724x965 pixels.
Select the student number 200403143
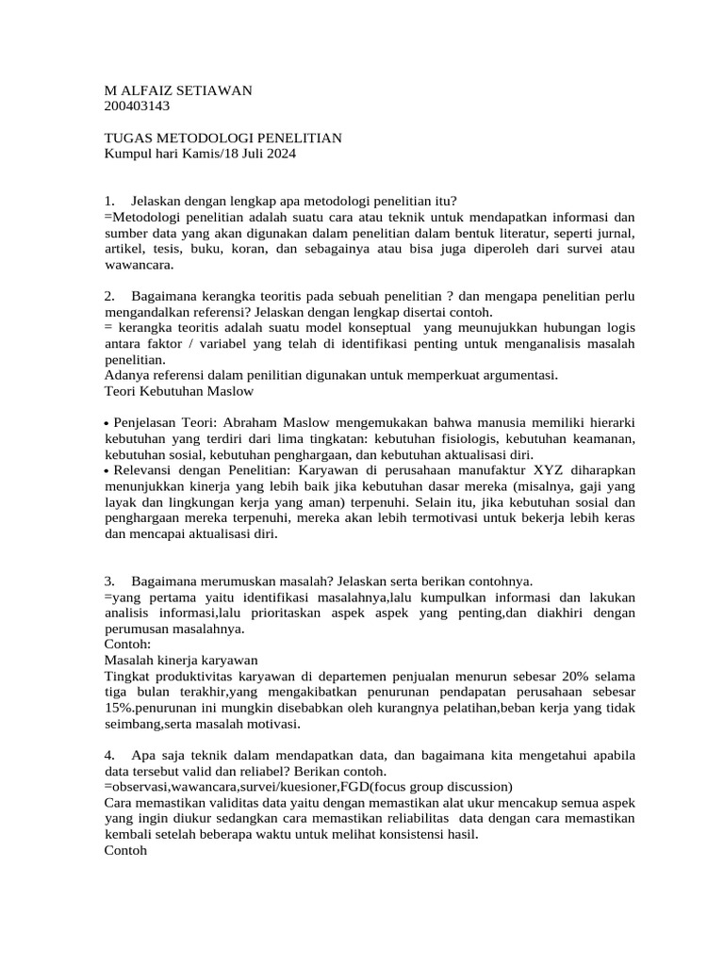click(137, 106)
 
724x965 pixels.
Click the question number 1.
click(109, 201)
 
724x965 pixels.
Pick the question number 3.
click(109, 581)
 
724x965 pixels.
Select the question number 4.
click(109, 756)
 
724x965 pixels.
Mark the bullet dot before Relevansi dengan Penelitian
click(107, 471)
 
